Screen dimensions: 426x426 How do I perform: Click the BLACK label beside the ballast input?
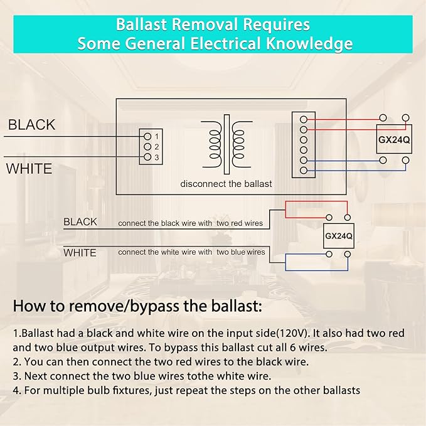(x=32, y=125)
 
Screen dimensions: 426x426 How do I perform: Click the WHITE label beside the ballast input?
(x=29, y=168)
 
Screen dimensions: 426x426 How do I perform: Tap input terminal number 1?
(x=147, y=136)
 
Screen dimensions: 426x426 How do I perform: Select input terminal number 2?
(x=147, y=147)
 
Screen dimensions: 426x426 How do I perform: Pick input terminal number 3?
(x=147, y=157)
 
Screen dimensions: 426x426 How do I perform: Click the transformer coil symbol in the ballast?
(x=226, y=144)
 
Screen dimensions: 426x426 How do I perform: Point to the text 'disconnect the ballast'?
(x=226, y=184)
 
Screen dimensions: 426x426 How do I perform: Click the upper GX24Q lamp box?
(x=394, y=140)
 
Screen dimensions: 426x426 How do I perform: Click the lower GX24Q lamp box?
(x=339, y=236)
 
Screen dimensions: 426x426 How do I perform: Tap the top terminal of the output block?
(x=304, y=119)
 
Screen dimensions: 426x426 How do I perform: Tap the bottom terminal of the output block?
(x=304, y=171)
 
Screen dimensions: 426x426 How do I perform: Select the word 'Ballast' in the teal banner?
(x=141, y=24)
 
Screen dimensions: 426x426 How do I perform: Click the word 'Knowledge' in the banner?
(x=309, y=43)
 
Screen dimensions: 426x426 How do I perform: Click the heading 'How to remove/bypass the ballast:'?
(x=138, y=306)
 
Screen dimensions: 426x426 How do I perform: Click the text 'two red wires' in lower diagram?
(x=240, y=223)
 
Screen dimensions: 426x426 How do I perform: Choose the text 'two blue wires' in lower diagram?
(x=241, y=252)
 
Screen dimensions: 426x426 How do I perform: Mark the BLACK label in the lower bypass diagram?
(x=80, y=222)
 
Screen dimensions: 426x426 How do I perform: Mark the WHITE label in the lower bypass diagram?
(x=80, y=253)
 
